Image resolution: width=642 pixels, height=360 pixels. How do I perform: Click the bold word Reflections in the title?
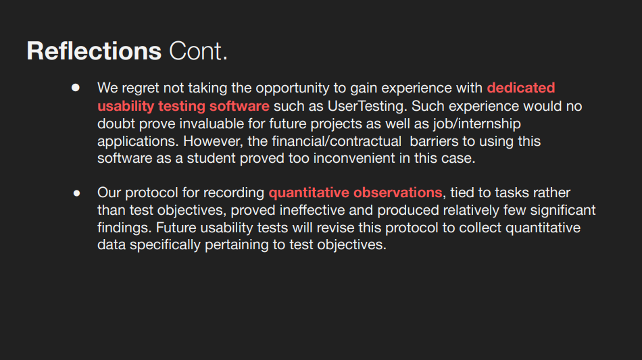tap(94, 51)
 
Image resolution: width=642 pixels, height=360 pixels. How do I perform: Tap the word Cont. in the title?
tap(198, 51)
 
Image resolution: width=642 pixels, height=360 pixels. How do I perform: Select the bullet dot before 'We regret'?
tap(75, 88)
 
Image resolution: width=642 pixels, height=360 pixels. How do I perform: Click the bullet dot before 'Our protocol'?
tap(76, 193)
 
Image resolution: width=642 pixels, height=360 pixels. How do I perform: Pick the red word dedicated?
tap(521, 88)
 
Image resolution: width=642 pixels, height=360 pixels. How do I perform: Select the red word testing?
tap(182, 106)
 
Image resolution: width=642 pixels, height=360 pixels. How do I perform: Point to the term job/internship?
tap(477, 124)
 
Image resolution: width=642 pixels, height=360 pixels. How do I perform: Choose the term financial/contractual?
tap(337, 141)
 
